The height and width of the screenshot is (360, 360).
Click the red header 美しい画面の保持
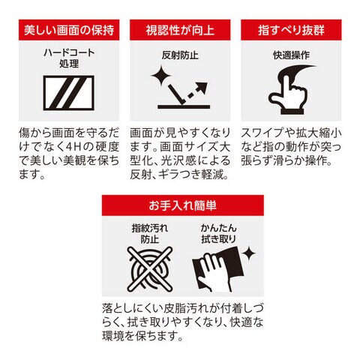click(x=69, y=30)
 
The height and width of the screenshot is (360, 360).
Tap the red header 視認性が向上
click(x=180, y=30)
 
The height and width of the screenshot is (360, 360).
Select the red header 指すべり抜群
click(x=291, y=30)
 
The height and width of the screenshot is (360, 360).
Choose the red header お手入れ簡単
click(x=183, y=205)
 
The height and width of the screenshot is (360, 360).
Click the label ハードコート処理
click(x=69, y=58)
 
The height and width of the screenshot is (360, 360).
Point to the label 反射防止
click(x=180, y=55)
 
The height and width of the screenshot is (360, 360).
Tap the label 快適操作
click(x=291, y=55)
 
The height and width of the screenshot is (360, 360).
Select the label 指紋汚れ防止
click(x=150, y=233)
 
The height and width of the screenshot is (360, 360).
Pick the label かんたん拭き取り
click(x=218, y=233)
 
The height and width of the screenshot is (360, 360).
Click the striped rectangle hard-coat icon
click(x=69, y=93)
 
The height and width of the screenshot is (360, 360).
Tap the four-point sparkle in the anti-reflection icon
click(x=161, y=76)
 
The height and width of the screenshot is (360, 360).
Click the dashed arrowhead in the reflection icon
click(x=202, y=88)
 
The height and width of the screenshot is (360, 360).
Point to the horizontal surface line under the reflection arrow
click(x=184, y=106)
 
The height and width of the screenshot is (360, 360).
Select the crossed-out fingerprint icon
click(x=150, y=269)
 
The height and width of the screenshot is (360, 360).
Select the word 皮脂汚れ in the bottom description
click(x=184, y=308)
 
